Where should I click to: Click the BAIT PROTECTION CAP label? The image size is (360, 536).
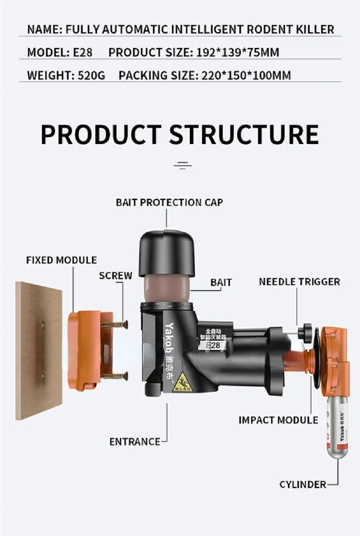(169, 202)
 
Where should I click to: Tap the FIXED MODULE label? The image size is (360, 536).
(61, 260)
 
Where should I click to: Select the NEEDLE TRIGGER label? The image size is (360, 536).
(299, 281)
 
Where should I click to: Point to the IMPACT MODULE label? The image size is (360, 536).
(278, 420)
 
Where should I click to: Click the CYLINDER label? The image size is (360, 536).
(302, 484)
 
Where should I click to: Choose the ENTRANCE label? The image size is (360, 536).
(135, 442)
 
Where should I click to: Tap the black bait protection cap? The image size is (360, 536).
(166, 254)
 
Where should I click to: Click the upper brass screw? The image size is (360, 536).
(114, 325)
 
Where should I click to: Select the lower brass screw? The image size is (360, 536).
(114, 375)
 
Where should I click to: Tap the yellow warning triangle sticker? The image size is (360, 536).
(184, 382)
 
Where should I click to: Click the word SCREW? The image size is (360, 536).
(116, 275)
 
